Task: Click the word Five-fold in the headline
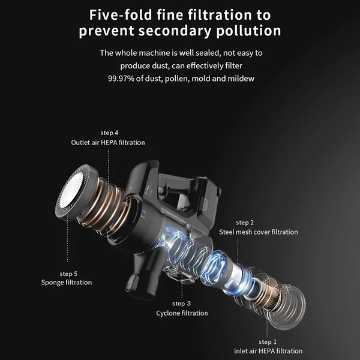point(121,15)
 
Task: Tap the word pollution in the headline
point(248,31)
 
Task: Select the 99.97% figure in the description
point(121,79)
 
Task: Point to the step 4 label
point(109,133)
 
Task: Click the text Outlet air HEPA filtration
point(108,142)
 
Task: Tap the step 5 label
point(68,274)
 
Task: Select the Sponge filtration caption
point(67,283)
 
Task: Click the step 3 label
point(181,304)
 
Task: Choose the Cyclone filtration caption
point(182,313)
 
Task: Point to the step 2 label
point(245,223)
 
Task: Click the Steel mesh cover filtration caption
point(258,232)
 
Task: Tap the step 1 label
point(268,342)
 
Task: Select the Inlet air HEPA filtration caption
point(268,351)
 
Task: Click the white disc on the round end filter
point(71,192)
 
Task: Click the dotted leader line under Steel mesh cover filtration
point(238,251)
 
